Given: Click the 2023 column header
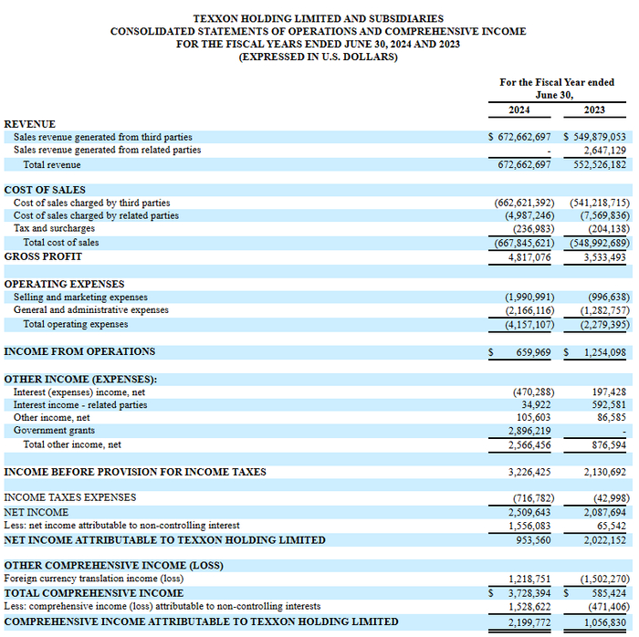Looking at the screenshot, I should pyautogui.click(x=593, y=110).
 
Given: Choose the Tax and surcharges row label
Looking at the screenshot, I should pyautogui.click(x=54, y=229).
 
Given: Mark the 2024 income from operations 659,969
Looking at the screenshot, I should pyautogui.click(x=532, y=351).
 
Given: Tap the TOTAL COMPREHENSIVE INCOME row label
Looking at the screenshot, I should pyautogui.click(x=94, y=593).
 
